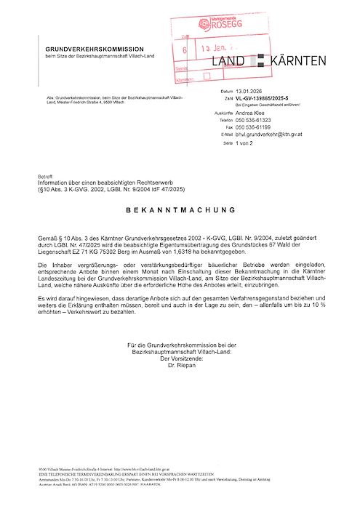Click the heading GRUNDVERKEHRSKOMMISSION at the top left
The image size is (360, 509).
click(95, 49)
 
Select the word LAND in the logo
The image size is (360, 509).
click(231, 62)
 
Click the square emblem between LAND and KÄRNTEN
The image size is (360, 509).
click(258, 62)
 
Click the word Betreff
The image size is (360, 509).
click(45, 177)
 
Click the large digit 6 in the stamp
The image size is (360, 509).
click(185, 51)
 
